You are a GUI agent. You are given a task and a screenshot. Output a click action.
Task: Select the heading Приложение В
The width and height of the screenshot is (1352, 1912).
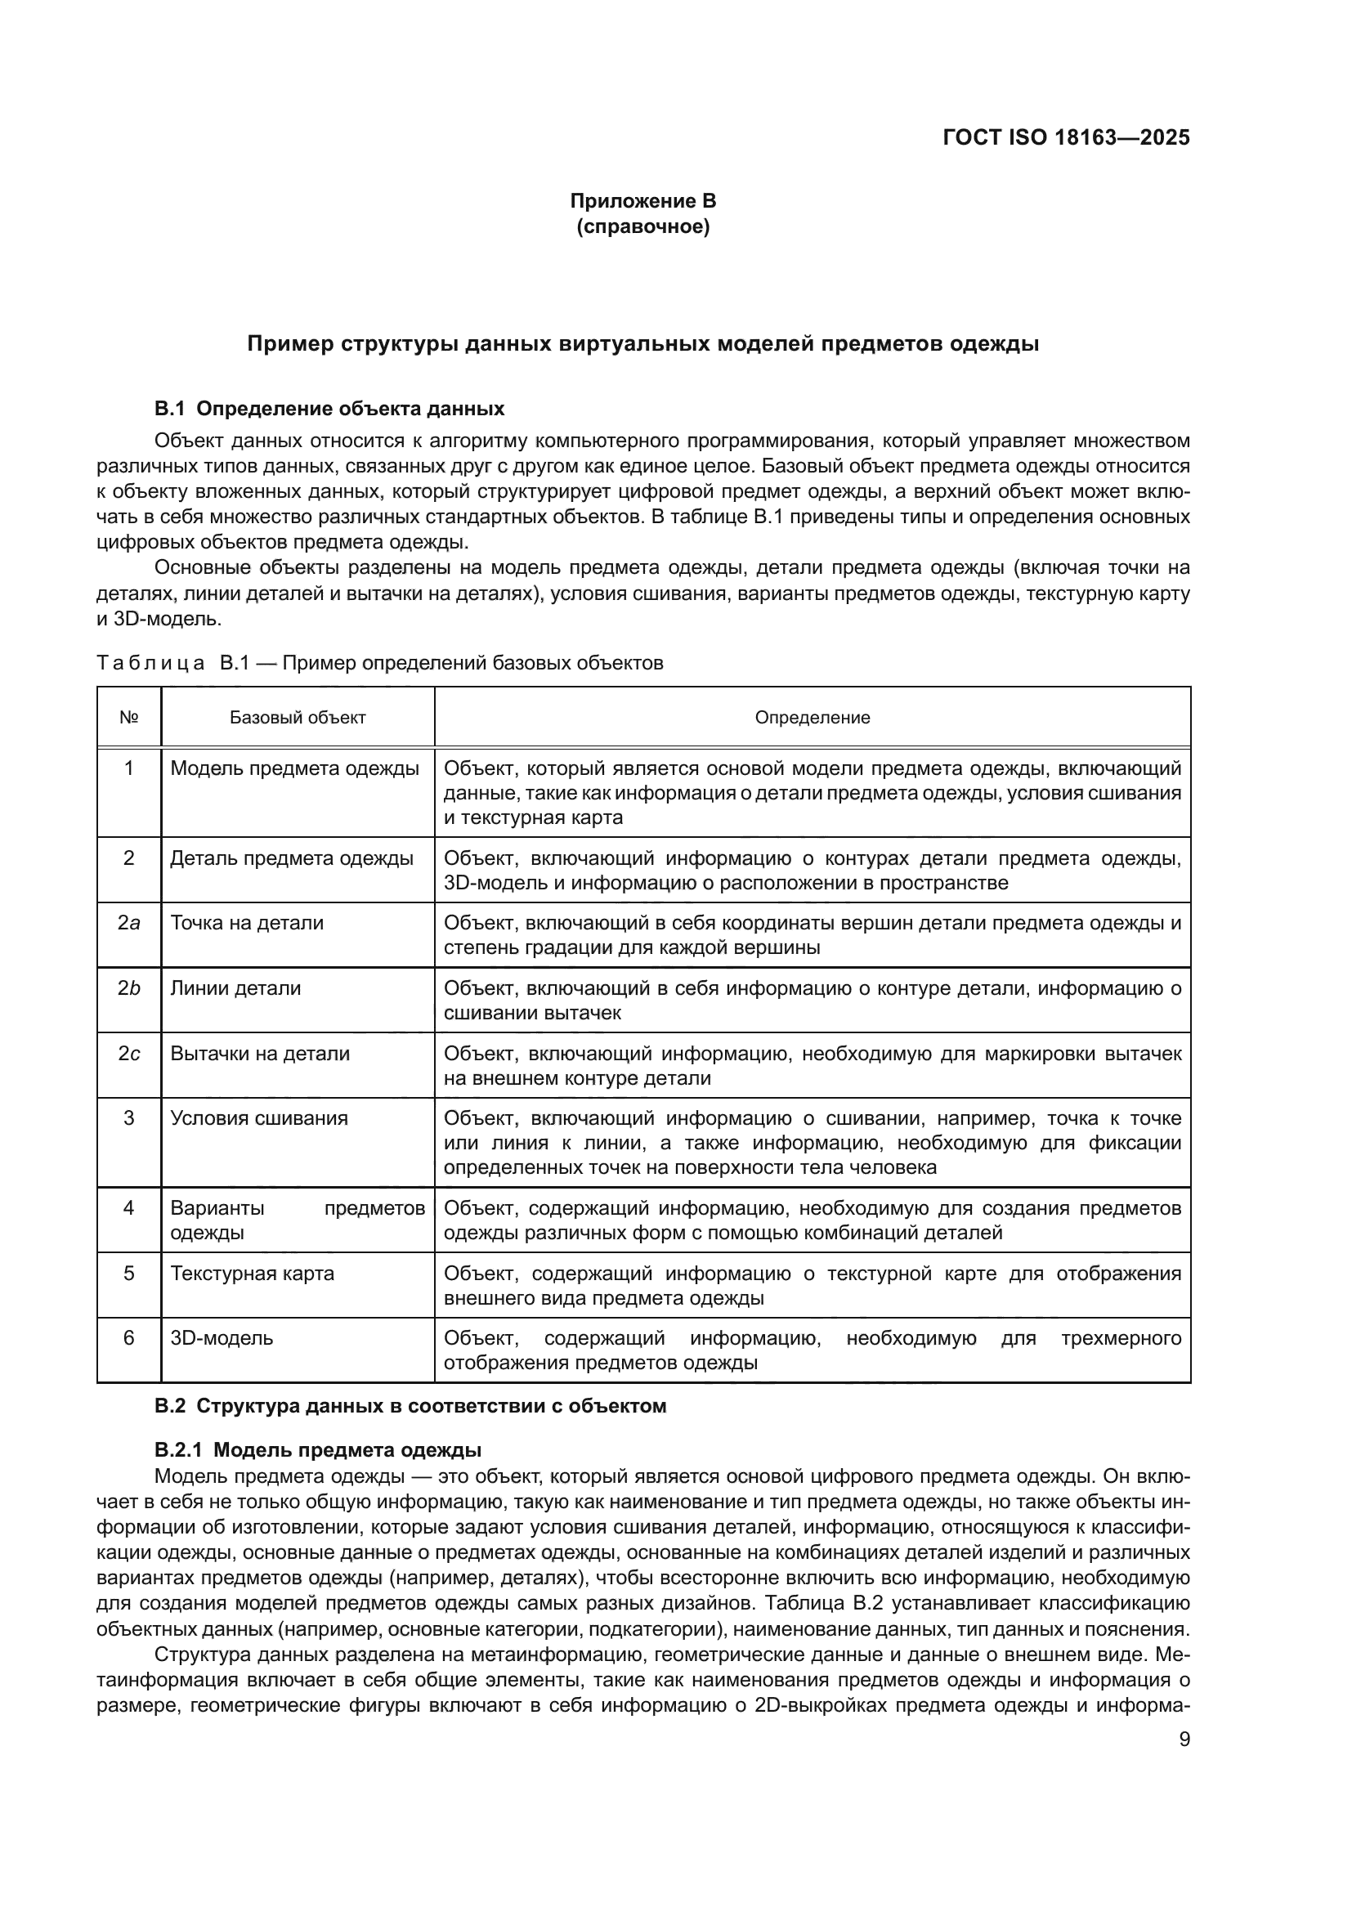[642, 201]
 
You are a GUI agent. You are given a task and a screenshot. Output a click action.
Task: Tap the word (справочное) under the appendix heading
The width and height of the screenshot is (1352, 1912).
[642, 226]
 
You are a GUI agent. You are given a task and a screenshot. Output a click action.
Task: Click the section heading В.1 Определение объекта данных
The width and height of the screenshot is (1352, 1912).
[329, 409]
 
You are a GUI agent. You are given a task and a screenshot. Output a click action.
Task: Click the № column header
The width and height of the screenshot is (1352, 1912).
[129, 717]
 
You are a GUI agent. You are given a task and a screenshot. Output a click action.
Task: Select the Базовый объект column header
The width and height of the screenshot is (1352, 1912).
[298, 717]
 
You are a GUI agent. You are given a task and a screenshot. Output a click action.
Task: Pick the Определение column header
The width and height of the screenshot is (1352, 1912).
[813, 717]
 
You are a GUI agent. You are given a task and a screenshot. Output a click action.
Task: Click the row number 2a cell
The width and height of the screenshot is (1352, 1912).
[129, 923]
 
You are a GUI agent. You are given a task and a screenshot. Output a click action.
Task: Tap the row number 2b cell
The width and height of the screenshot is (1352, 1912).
[129, 988]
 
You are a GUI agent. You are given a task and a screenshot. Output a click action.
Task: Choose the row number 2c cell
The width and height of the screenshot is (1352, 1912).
[129, 1054]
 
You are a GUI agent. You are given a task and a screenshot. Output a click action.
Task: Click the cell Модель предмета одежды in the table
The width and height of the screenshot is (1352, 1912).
[295, 768]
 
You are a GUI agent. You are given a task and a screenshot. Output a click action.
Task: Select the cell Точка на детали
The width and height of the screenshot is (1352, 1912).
[247, 923]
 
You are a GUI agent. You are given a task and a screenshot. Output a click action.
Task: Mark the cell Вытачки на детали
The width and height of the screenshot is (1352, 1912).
[260, 1054]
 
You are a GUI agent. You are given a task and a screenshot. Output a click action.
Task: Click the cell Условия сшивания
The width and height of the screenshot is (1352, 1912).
[259, 1118]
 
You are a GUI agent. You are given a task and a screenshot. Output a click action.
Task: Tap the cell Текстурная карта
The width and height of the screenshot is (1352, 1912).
[253, 1274]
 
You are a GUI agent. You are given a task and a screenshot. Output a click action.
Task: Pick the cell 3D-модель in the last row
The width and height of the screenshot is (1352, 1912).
[222, 1338]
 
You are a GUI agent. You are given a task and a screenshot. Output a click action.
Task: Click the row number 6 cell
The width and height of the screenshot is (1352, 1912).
[129, 1338]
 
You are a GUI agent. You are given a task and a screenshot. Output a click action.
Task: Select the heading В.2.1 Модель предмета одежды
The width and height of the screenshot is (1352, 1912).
[318, 1450]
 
